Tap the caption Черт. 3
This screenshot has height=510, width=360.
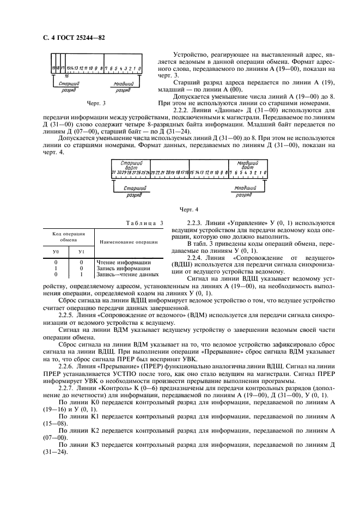(96, 102)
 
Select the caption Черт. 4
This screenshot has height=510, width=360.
(188, 209)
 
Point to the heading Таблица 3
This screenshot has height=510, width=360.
(145, 222)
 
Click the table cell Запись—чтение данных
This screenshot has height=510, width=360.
(124, 274)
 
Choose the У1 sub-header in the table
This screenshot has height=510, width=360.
(81, 252)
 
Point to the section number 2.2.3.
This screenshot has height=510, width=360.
(195, 223)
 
